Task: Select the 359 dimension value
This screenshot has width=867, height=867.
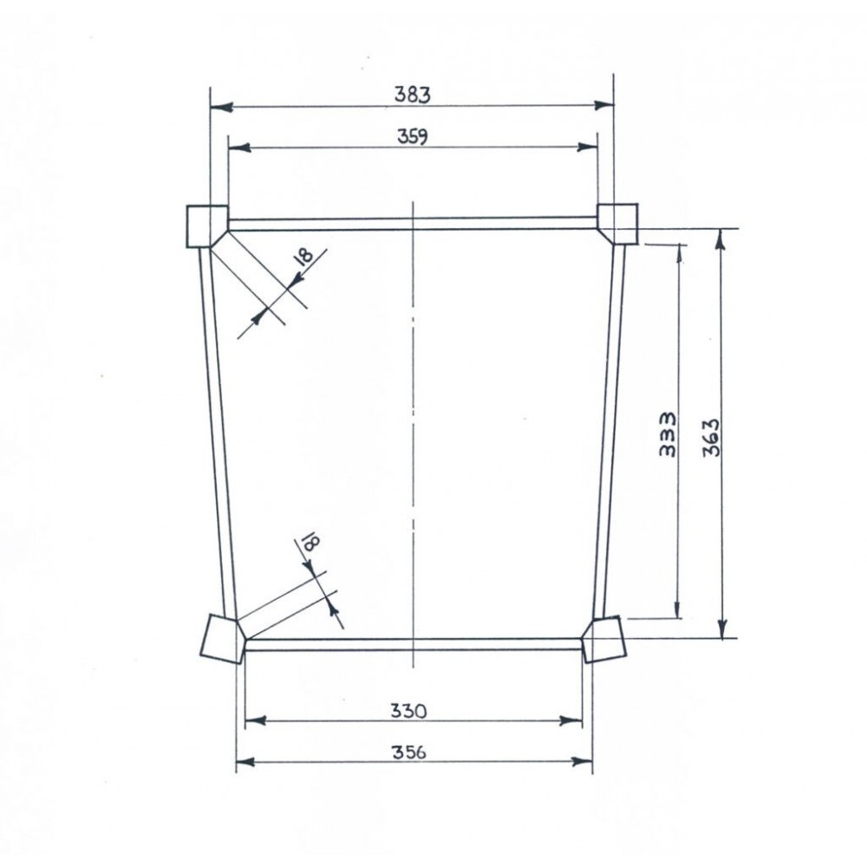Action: coord(414,136)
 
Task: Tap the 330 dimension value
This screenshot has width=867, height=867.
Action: coord(407,711)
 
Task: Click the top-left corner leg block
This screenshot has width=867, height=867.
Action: coord(206,225)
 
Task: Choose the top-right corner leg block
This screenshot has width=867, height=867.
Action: coord(618,222)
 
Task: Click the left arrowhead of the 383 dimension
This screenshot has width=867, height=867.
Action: coord(219,107)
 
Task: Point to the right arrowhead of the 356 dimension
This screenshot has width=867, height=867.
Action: coord(585,762)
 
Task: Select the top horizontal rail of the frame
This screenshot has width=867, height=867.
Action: coord(414,224)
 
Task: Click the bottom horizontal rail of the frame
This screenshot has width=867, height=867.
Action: coord(414,644)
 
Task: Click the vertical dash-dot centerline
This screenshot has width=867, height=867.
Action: coord(415,433)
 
